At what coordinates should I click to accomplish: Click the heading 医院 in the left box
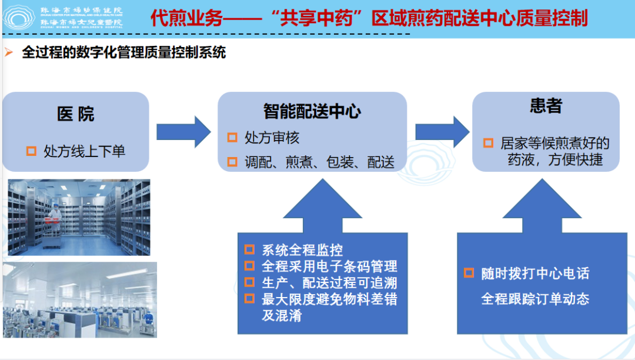tap(76, 114)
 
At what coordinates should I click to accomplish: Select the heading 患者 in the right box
tap(546, 106)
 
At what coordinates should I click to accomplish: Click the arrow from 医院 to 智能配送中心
tap(183, 131)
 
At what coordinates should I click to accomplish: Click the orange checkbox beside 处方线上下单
tap(31, 151)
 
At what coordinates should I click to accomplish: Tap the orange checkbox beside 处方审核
tap(232, 138)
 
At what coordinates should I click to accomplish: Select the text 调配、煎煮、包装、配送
tap(319, 162)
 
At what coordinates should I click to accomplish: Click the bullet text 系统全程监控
tap(302, 250)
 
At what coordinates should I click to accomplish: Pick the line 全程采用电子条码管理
tap(329, 266)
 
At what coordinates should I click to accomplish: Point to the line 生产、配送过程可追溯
tap(329, 283)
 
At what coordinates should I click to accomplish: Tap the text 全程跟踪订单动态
tap(535, 299)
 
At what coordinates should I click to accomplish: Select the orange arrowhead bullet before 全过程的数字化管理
tap(8, 52)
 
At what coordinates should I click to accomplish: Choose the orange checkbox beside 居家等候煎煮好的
tap(488, 143)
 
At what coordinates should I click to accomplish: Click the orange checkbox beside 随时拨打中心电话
tap(469, 273)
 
